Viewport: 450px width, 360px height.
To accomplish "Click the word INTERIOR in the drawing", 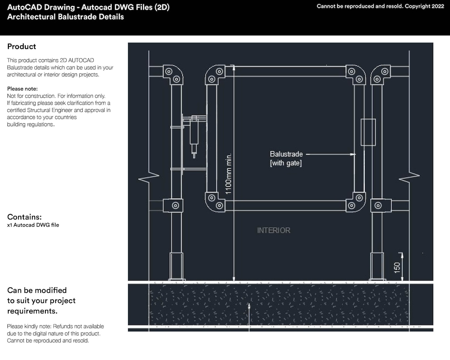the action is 274,230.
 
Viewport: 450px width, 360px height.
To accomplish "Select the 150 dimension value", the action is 397,267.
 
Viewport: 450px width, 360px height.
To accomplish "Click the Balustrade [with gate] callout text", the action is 286,158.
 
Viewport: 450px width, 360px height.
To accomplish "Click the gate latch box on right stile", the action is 368,132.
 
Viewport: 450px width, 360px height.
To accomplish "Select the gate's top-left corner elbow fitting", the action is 215,75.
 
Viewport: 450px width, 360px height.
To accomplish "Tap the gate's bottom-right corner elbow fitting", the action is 356,202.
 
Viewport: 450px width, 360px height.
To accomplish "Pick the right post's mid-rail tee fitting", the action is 380,205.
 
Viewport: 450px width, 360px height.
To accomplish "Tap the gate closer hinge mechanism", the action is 194,132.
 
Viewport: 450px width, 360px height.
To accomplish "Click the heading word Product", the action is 22,47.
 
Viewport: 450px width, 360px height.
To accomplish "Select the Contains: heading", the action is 24,217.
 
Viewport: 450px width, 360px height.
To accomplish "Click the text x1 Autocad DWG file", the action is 33,225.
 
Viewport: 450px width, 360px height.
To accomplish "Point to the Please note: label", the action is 22,89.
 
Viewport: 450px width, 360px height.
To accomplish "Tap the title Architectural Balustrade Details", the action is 66,17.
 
